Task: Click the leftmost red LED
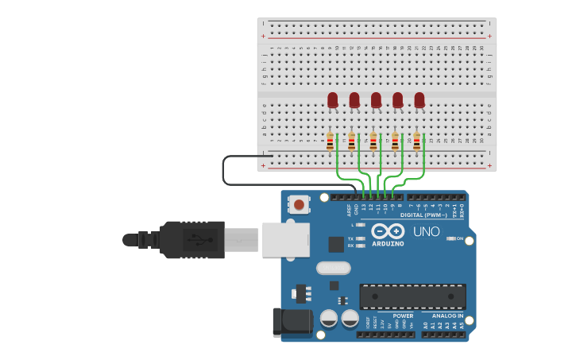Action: point(332,99)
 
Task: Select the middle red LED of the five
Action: point(376,99)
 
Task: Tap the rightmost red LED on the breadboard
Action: point(419,99)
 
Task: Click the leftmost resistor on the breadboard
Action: point(330,141)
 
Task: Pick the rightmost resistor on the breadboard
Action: point(416,141)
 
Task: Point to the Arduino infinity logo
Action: point(388,230)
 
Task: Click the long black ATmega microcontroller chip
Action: point(412,296)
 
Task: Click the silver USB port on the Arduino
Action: point(285,238)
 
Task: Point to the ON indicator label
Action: point(459,238)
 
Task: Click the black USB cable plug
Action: point(191,239)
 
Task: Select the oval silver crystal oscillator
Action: point(333,268)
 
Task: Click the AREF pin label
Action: point(349,210)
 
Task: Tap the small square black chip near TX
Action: point(336,244)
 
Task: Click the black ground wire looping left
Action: point(225,170)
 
